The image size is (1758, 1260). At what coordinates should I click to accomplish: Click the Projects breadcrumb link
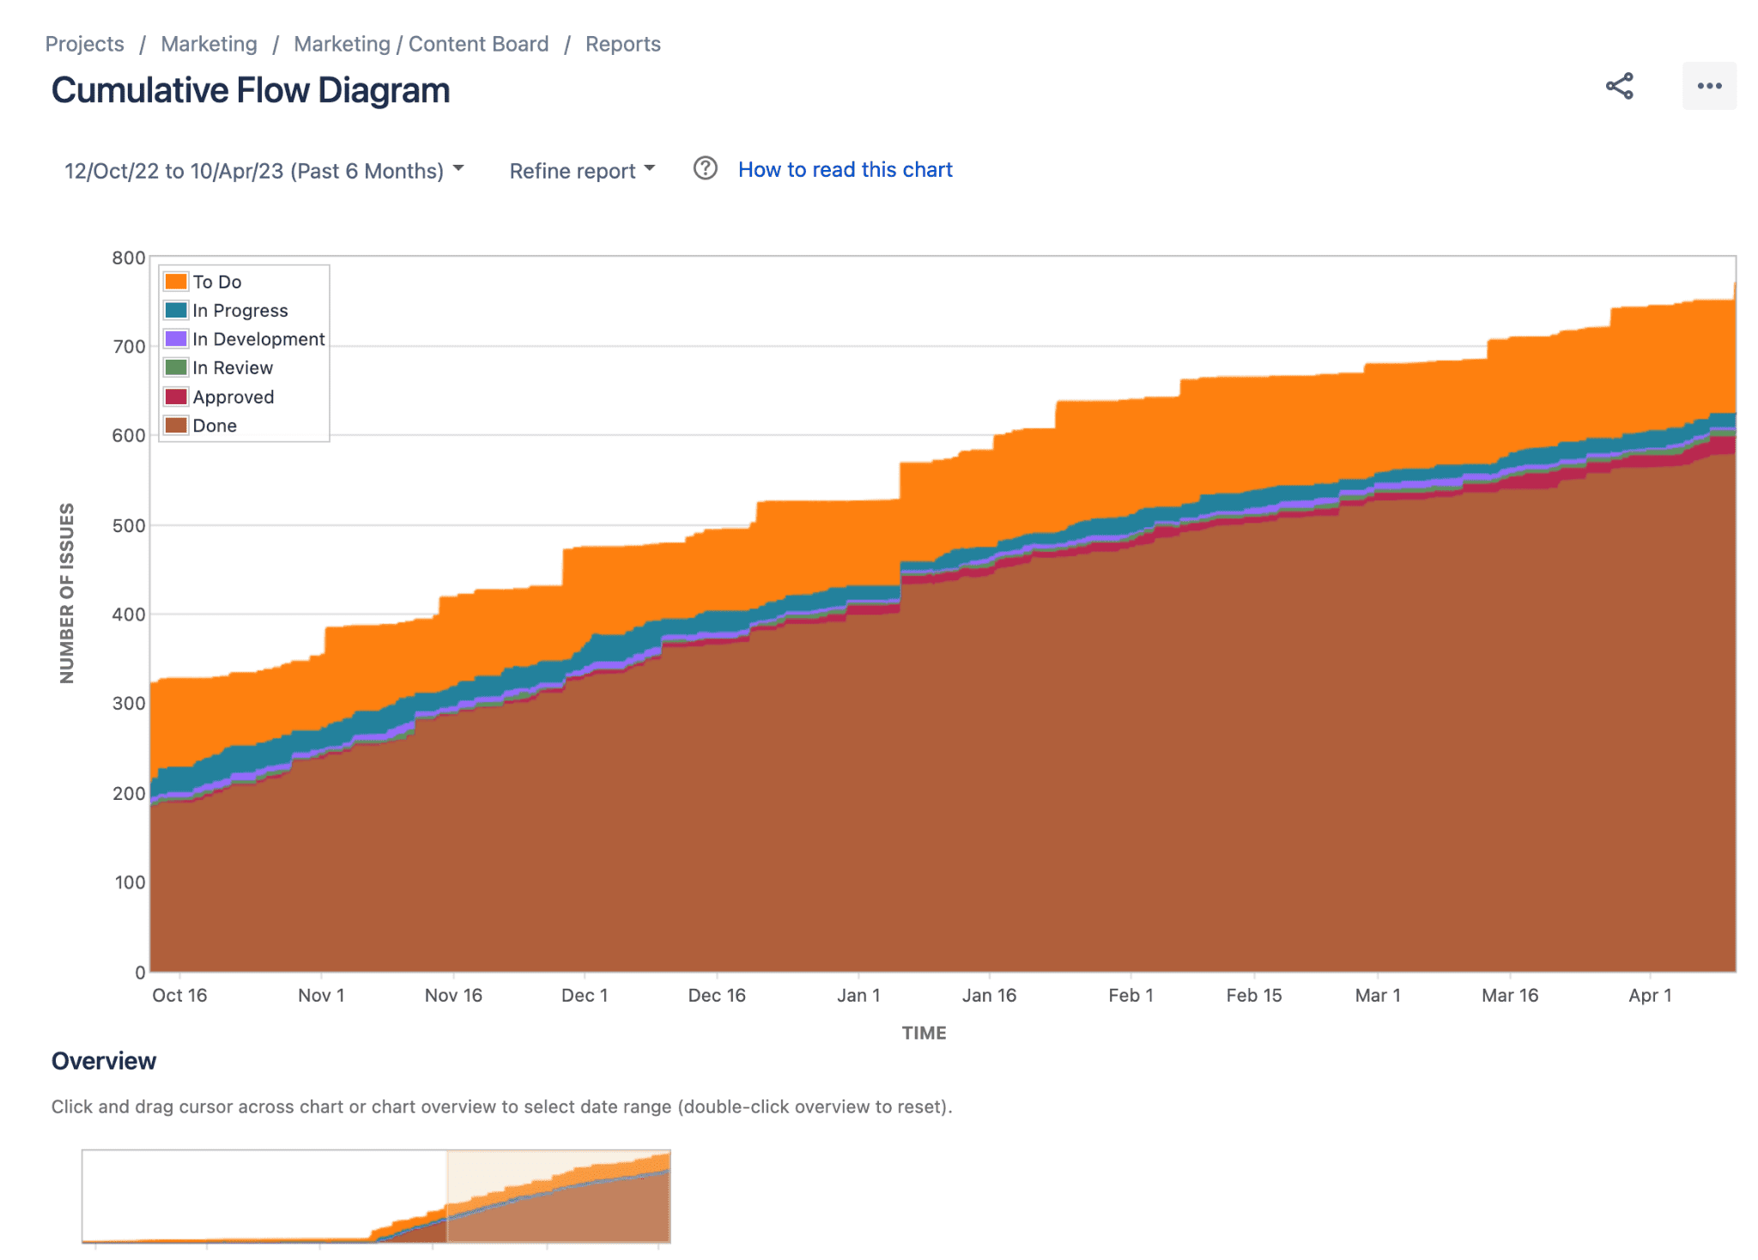(84, 44)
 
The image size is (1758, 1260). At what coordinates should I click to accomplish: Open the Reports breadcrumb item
(622, 44)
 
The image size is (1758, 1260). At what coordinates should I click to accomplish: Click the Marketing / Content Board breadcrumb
(421, 44)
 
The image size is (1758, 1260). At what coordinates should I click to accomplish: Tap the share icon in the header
(1619, 86)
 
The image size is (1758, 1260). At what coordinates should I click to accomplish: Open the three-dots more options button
(1708, 86)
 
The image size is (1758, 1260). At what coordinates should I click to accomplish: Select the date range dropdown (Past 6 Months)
(264, 170)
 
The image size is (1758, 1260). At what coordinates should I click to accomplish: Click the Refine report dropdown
(581, 170)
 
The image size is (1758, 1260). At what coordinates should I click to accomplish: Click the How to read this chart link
(845, 170)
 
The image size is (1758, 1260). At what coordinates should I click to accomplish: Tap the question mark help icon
(705, 168)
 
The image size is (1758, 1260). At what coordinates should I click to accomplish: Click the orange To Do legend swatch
(176, 282)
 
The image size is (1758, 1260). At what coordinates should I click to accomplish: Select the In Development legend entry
(258, 339)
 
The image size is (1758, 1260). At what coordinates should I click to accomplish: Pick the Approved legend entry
(233, 397)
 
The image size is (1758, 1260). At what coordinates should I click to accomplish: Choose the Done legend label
(215, 426)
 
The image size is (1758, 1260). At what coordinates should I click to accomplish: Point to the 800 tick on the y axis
(129, 257)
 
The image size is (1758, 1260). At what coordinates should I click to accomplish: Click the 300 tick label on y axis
(129, 703)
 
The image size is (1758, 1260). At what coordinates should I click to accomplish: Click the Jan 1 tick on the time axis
(858, 995)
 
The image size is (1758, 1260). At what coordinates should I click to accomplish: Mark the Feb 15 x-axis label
(1253, 995)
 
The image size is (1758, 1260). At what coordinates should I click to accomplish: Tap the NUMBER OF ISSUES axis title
(67, 593)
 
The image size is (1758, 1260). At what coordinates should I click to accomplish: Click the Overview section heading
(104, 1061)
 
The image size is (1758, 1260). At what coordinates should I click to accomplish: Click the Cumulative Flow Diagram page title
(251, 90)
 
